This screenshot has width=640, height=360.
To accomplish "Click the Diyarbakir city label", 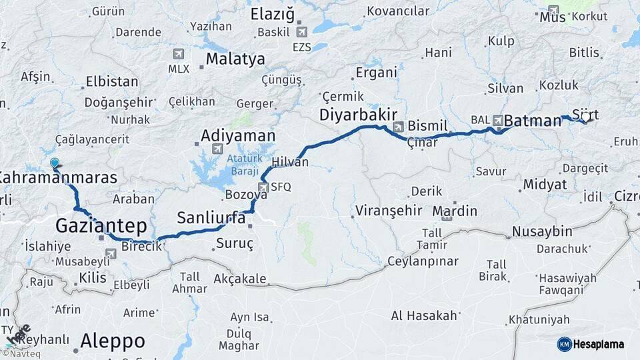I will [x=358, y=114].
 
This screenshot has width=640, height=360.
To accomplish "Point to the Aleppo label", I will [x=112, y=341].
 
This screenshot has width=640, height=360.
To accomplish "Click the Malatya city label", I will [x=235, y=59].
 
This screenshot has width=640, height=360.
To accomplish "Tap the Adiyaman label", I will [x=238, y=135].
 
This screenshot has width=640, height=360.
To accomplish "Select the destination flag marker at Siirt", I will [x=586, y=117].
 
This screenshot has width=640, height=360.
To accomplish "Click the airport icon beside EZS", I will [x=301, y=32].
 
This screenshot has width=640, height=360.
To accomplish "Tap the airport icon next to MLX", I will [x=178, y=53].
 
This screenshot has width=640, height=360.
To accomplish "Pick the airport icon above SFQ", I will [x=263, y=187].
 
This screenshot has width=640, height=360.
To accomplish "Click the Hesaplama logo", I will [x=591, y=344].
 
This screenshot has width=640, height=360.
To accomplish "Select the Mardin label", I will [x=455, y=211].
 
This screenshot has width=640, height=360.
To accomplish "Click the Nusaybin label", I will [x=542, y=231].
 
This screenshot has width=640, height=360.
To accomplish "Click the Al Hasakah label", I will [x=424, y=315].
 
